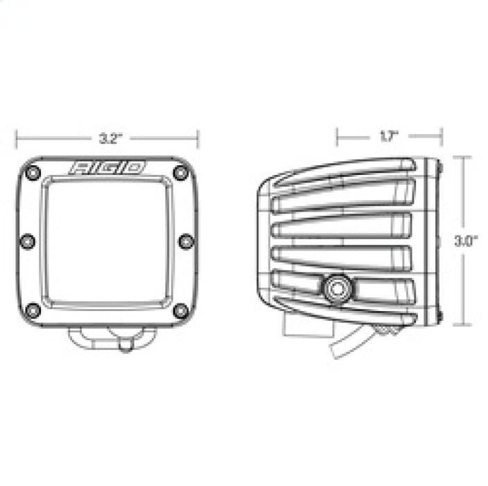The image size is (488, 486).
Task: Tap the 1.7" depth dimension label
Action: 388,137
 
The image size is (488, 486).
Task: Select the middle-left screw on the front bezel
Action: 28,241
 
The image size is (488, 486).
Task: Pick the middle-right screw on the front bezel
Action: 185,241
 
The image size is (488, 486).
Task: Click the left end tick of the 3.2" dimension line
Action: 17,137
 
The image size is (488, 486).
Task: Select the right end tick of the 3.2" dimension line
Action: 199,137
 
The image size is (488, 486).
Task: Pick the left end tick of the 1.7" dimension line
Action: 337,137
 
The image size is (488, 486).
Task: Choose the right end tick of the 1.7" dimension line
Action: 441,137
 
